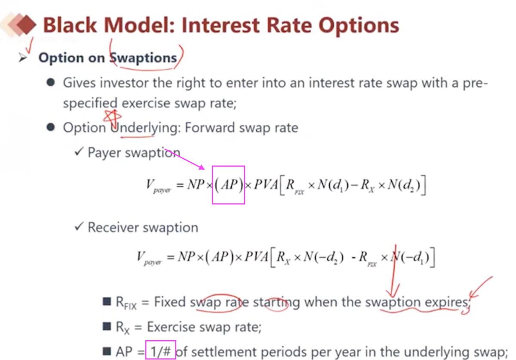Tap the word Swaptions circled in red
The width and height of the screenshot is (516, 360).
click(x=143, y=58)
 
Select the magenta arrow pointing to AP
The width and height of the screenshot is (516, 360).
click(x=184, y=159)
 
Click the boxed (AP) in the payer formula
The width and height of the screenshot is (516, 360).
click(x=228, y=185)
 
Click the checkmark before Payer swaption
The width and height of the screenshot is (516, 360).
click(x=79, y=152)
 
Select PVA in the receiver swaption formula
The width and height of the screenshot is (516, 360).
click(x=256, y=256)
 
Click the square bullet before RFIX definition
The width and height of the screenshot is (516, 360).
click(x=107, y=302)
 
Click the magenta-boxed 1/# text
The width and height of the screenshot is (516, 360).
click(x=160, y=352)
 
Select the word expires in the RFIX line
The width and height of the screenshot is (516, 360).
click(x=446, y=302)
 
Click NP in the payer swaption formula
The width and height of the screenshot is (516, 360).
click(x=196, y=185)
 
